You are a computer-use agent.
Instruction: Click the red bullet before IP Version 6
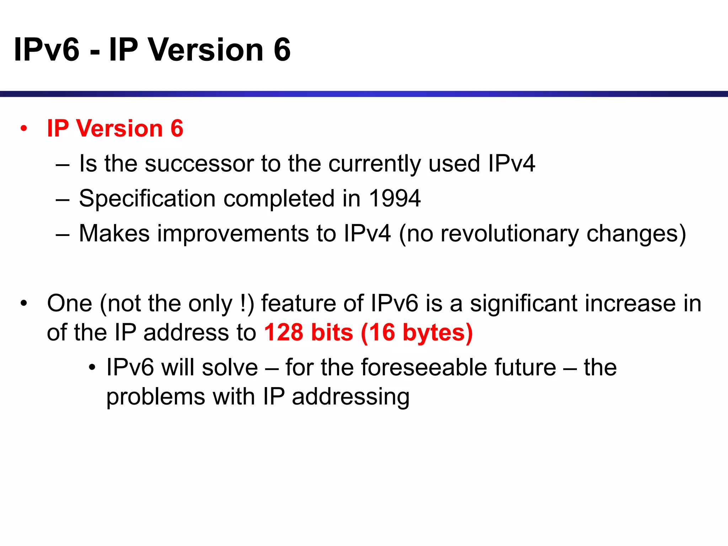click(x=24, y=129)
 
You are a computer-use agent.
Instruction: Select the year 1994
click(x=395, y=198)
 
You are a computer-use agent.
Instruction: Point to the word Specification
click(x=147, y=198)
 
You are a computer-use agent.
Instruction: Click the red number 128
click(x=284, y=332)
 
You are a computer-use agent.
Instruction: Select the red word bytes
click(x=437, y=333)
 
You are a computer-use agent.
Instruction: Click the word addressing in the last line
click(x=350, y=397)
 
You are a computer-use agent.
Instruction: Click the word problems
click(x=156, y=397)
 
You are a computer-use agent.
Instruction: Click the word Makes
click(x=114, y=234)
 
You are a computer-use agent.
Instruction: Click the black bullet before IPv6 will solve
click(x=92, y=368)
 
